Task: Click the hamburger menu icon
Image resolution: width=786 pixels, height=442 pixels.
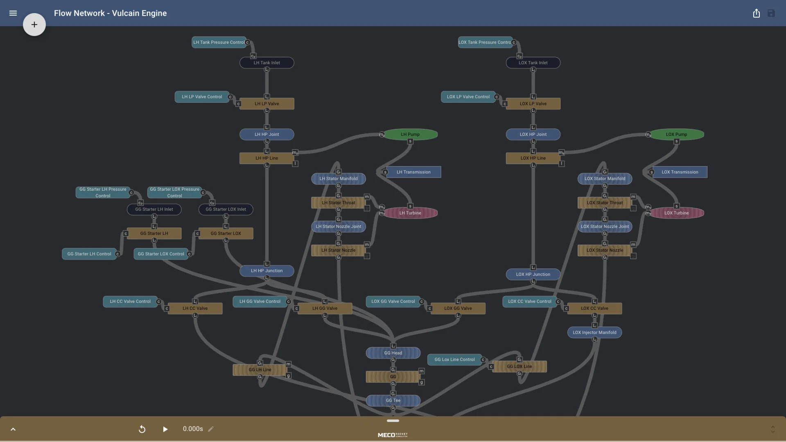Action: tap(13, 13)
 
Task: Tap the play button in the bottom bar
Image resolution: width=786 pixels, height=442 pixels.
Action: tap(165, 429)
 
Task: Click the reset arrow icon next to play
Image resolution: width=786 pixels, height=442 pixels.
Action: tap(142, 429)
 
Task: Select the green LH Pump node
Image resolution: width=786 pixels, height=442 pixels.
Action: tap(410, 134)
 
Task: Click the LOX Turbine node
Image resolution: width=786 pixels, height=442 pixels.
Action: tap(676, 213)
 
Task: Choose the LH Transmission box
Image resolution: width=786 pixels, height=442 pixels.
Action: tap(413, 172)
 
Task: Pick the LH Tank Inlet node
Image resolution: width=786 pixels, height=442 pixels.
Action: tap(267, 63)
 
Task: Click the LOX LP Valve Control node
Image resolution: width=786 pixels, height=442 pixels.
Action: tap(468, 97)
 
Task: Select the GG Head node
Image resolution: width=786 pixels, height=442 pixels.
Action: tap(393, 353)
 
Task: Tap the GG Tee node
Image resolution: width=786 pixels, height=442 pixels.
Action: tap(393, 400)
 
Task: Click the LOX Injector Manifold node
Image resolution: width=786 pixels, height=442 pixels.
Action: tap(594, 332)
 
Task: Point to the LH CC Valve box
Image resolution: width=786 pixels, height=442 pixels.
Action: tap(195, 308)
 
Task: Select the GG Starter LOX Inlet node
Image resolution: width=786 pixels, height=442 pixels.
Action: tap(226, 209)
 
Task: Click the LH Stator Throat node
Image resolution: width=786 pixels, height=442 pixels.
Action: tap(338, 203)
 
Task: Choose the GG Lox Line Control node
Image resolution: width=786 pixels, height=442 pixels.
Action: tap(454, 359)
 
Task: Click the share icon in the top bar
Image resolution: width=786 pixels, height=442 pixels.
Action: tap(756, 13)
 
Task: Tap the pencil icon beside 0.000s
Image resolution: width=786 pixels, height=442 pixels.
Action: tap(211, 429)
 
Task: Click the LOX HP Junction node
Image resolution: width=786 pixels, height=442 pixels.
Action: tap(533, 274)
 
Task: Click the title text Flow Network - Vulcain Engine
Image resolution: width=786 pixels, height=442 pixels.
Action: tap(110, 13)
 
